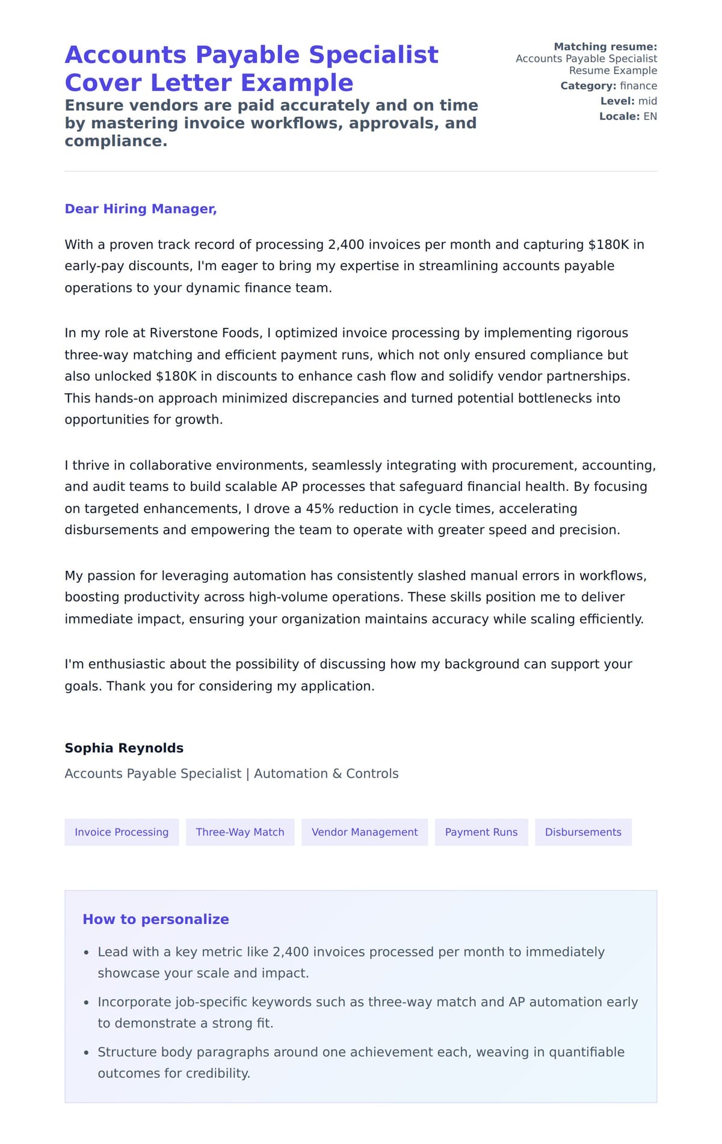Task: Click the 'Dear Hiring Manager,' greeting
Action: click(x=140, y=209)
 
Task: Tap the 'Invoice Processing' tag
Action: click(x=122, y=832)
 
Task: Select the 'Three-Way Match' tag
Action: click(x=240, y=832)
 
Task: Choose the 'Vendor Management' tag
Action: click(x=365, y=832)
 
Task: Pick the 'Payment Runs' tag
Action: click(x=481, y=832)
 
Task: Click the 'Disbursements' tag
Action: click(x=583, y=832)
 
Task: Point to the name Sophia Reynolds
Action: click(x=124, y=748)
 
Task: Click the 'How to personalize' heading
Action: click(x=156, y=919)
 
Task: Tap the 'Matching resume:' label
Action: click(x=605, y=46)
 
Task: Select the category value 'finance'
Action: click(x=638, y=85)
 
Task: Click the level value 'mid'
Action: click(x=647, y=101)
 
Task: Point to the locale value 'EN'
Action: click(x=650, y=116)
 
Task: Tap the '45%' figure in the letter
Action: click(x=319, y=508)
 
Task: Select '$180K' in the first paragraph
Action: click(x=608, y=244)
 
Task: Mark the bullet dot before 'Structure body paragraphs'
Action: click(x=87, y=1053)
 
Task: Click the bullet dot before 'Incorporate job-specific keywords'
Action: click(x=87, y=1003)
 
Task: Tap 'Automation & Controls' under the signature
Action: click(x=326, y=773)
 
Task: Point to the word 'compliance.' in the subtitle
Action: click(x=116, y=141)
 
